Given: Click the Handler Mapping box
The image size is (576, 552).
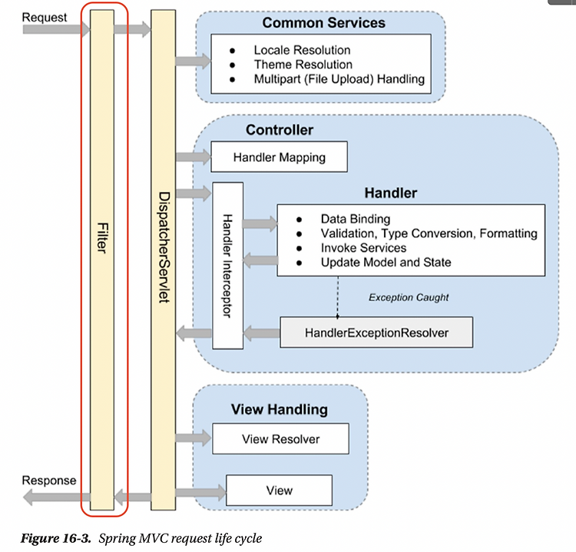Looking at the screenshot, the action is pos(280,157).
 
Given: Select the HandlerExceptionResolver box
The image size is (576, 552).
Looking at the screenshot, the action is pos(376,332).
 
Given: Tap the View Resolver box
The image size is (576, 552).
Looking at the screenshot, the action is pos(280,438).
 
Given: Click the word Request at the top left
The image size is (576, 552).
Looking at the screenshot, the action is pos(45,17).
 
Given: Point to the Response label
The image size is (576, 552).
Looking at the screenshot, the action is pos(49,481).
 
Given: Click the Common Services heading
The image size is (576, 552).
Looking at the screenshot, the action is pos(323,23).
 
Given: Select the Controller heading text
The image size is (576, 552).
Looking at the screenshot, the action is pos(280,130).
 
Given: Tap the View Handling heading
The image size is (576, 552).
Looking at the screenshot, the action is pos(280,409).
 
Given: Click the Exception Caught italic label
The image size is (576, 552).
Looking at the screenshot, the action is pos(409,297).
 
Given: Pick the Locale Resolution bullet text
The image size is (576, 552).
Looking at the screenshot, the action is pos(302,50).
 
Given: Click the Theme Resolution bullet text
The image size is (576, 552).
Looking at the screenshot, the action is pos(303,64).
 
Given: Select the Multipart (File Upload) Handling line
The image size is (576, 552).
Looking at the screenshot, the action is pos(339,79).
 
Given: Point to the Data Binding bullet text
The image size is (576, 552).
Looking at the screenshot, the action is pos(356,219).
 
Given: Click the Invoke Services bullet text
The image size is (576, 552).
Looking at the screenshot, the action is pos(363,248).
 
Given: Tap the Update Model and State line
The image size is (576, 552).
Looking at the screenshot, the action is pos(386,263).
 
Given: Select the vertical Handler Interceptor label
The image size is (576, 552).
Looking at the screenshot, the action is pos(228,266).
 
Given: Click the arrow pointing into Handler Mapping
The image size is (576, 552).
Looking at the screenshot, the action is pos(194,157).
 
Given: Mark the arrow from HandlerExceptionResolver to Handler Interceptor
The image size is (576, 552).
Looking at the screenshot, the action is pos(262,333).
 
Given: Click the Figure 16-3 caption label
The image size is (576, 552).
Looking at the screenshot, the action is pos(55,538).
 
